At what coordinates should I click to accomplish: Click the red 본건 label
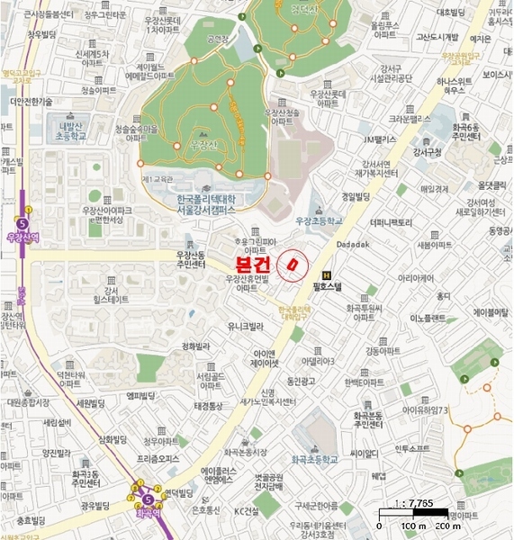(x=255, y=265)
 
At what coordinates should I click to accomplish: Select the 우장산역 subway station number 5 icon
(x=23, y=222)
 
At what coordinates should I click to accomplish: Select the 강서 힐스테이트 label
(x=110, y=293)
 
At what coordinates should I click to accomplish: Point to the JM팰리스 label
(x=379, y=139)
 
